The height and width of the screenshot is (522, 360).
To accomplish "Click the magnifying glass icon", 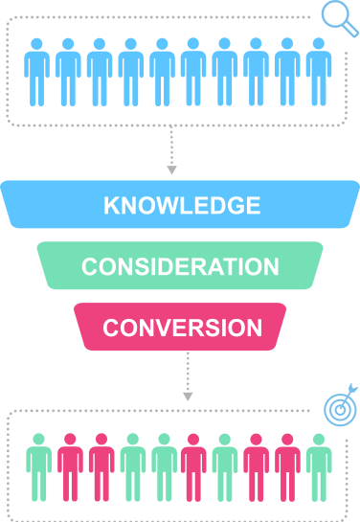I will (x=336, y=16).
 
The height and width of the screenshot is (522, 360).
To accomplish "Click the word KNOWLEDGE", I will (x=181, y=206).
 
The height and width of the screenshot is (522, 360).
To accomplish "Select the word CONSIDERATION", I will (x=180, y=266).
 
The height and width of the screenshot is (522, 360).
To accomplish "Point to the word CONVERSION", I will (x=182, y=327).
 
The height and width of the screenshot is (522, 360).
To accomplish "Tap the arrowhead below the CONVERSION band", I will (x=188, y=394).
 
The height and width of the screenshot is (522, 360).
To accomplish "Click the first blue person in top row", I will (x=36, y=72).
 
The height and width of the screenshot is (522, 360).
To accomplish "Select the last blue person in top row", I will (x=318, y=72).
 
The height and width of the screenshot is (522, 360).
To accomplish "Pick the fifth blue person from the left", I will (x=162, y=72).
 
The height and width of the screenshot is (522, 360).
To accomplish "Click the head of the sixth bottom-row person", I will (x=193, y=440).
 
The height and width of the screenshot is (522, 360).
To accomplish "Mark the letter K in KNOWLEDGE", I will (x=110, y=206).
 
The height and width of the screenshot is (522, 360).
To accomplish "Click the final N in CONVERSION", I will (x=254, y=327).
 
